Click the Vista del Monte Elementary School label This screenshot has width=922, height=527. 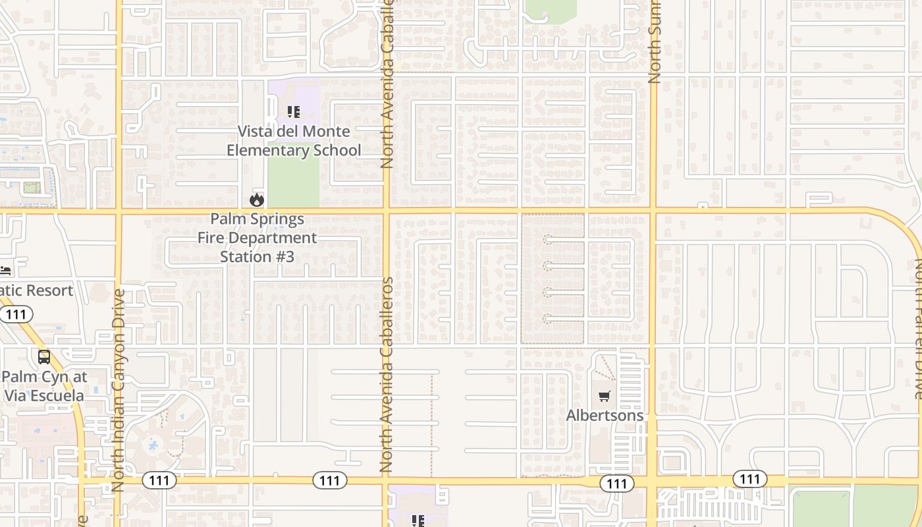tap(294, 141)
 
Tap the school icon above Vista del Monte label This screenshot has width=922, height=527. tap(294, 112)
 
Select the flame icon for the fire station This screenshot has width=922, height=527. tap(257, 200)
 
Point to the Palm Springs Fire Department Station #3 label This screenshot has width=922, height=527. tap(258, 238)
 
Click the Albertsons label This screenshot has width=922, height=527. tap(605, 416)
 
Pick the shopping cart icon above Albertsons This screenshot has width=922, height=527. tap(605, 397)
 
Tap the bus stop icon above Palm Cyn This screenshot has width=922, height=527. tap(44, 357)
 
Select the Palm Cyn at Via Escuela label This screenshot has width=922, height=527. tap(44, 386)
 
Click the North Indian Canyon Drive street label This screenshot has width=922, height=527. tap(119, 390)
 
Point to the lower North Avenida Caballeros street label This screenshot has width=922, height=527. tap(387, 374)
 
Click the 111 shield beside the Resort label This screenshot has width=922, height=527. tap(16, 314)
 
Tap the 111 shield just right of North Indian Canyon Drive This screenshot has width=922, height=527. tap(159, 480)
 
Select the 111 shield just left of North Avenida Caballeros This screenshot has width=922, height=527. tap(329, 480)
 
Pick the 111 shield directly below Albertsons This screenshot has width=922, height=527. tap(616, 484)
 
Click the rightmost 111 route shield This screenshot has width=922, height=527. tap(750, 479)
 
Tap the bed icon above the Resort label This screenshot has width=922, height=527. tap(5, 271)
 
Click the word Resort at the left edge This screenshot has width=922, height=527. tap(46, 291)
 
